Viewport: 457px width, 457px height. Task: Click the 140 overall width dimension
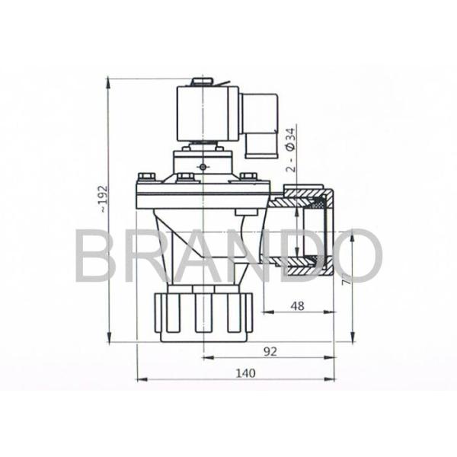(x=243, y=372)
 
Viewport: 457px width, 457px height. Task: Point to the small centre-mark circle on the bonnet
(x=203, y=168)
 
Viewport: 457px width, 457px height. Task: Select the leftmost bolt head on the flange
(x=142, y=177)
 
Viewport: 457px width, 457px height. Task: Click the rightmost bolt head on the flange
(x=247, y=177)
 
